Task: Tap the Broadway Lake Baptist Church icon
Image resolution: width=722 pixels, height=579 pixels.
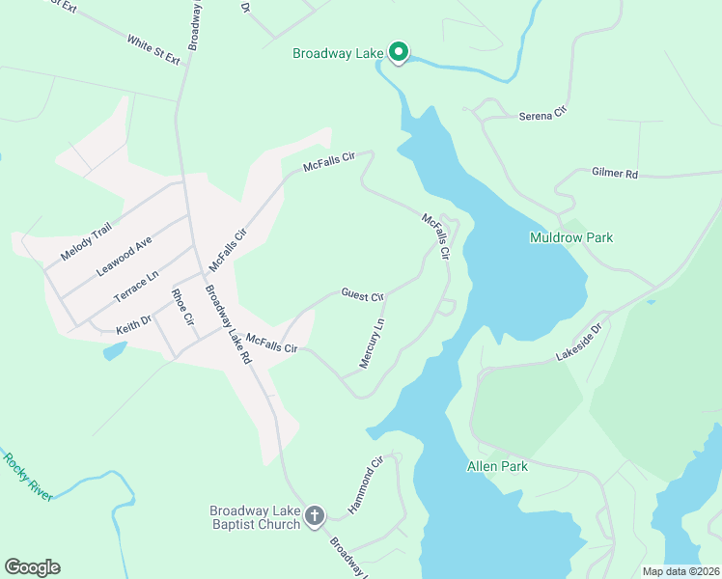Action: point(314,517)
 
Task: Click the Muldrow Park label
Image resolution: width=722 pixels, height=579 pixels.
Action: point(571,237)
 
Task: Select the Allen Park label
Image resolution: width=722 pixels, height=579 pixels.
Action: point(497,466)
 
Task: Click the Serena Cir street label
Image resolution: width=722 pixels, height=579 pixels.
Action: point(541,115)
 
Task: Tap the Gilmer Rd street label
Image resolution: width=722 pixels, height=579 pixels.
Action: point(615,174)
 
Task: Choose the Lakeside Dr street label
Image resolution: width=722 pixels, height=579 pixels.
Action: point(578,343)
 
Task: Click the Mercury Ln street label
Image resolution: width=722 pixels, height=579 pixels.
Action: point(372,344)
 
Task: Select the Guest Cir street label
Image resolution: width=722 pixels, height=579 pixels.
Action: point(362,293)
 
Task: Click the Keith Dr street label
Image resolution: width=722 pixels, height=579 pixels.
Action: point(134,319)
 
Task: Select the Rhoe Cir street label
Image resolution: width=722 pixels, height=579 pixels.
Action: point(182,306)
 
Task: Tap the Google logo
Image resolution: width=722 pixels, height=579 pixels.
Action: point(32,567)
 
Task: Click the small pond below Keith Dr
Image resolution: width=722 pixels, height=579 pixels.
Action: point(114,350)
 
